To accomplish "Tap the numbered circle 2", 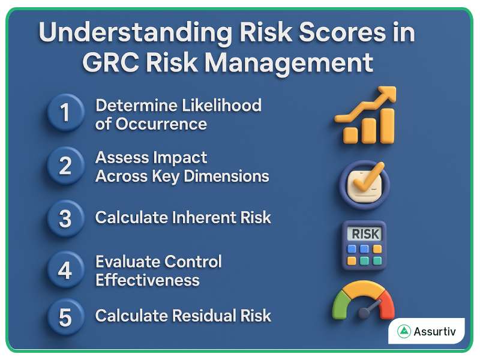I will [65, 166].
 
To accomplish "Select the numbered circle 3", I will [65, 218].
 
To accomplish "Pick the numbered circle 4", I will [65, 270].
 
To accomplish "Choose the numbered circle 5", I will [65, 316].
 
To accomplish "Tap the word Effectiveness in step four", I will [147, 280].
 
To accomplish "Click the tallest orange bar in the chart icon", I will [387, 126].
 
